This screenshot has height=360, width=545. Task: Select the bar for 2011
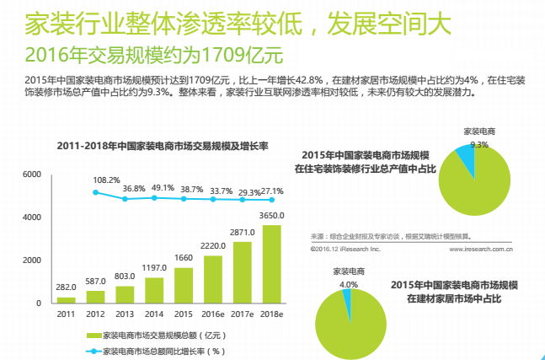pyautogui.click(x=66, y=299)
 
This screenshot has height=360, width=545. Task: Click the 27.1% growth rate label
pyautogui.click(x=272, y=191)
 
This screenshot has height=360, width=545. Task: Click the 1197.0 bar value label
pyautogui.click(x=154, y=267)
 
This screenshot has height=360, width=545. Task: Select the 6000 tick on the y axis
pyautogui.click(x=32, y=175)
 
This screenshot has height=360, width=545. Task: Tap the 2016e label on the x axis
pyautogui.click(x=213, y=314)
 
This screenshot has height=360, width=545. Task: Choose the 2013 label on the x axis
pyautogui.click(x=125, y=314)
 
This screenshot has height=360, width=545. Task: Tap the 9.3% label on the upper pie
pyautogui.click(x=479, y=144)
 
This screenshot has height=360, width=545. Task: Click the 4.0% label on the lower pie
pyautogui.click(x=349, y=285)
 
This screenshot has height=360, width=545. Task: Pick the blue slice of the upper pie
pyautogui.click(x=466, y=160)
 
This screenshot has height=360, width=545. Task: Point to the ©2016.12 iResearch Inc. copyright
pyautogui.click(x=345, y=250)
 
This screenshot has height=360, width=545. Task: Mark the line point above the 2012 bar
pyautogui.click(x=95, y=193)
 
